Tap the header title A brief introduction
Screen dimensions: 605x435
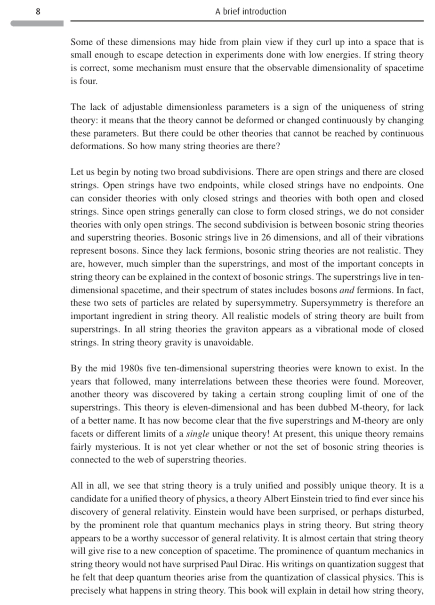click(x=250, y=11)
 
